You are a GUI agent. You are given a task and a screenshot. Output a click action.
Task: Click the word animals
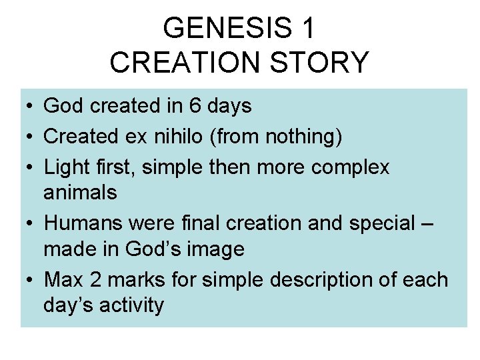pos(80,193)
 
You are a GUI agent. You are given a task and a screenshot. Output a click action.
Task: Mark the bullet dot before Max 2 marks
pos(31,281)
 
